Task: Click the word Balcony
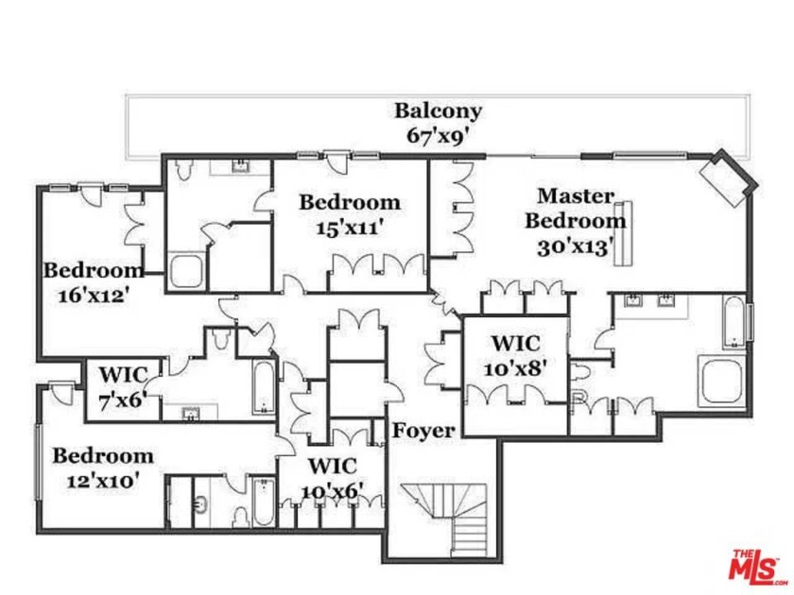pos(438,111)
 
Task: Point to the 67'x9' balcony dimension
pos(438,134)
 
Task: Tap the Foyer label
pos(423,431)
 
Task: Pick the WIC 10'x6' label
pos(332,477)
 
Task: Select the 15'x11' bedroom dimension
pos(350,227)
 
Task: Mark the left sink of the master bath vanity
pos(631,302)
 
